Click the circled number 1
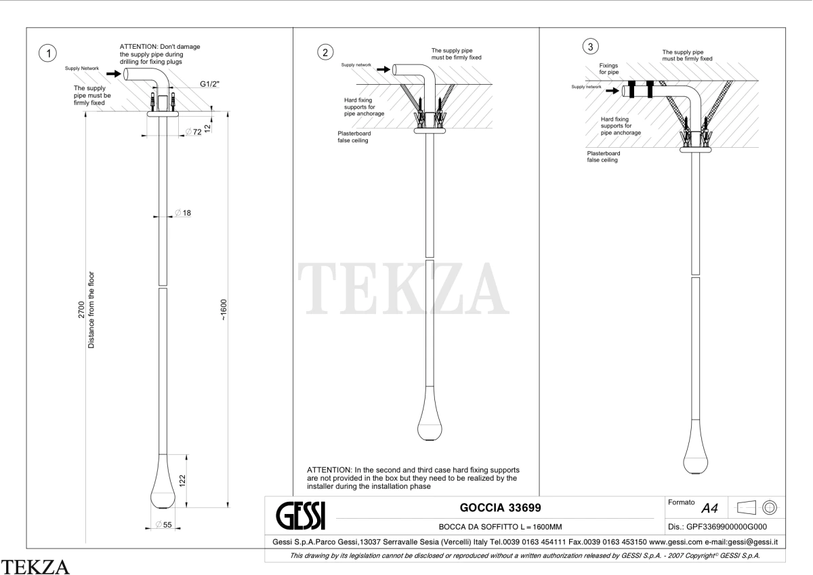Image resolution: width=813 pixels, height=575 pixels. point(47,53)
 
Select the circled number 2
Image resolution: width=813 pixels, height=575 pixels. point(325,52)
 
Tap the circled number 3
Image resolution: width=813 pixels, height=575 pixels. point(591,47)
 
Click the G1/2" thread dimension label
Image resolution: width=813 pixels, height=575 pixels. point(209,84)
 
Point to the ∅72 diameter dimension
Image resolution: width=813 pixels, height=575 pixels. point(194,132)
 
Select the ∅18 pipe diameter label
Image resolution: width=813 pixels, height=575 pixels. point(183,212)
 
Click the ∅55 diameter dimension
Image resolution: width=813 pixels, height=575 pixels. point(163,525)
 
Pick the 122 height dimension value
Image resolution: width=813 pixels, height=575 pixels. point(182,481)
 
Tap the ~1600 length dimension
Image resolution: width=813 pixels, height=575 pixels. point(223,310)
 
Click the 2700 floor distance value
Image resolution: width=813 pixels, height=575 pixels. point(81,310)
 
